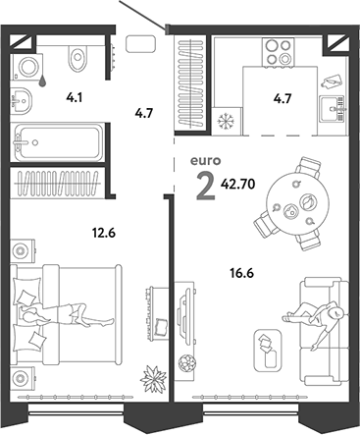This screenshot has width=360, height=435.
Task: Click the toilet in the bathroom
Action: (75, 58)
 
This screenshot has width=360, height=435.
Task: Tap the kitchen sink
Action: (332, 102)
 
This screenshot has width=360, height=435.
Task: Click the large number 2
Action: (206, 184)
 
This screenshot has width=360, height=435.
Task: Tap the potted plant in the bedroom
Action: (153, 376)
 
